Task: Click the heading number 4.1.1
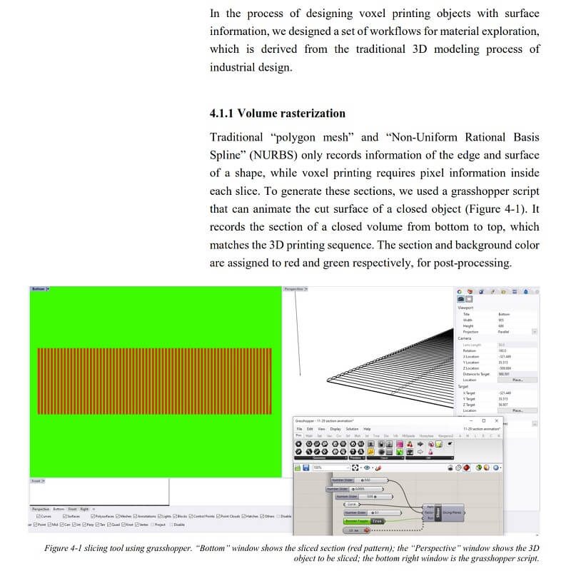221,113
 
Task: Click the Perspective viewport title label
294,289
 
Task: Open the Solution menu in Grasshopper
353,429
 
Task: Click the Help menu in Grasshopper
368,429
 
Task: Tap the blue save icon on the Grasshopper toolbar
305,468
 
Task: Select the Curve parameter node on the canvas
350,504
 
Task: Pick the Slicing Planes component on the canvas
453,512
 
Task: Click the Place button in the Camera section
517,380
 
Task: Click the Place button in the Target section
517,410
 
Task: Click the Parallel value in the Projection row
505,331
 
